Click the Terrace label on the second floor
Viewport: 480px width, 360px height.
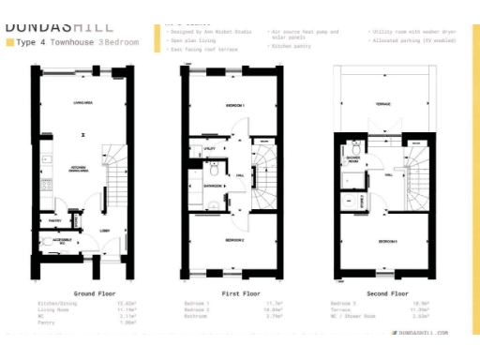(383, 104)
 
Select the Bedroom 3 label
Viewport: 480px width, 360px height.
(386, 242)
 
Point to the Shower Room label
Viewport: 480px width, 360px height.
(355, 158)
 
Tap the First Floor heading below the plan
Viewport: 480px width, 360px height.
(234, 293)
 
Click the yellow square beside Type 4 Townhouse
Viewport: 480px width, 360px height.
(9, 43)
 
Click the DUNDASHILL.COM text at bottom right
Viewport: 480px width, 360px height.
(423, 332)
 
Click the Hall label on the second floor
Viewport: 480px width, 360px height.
(388, 174)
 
